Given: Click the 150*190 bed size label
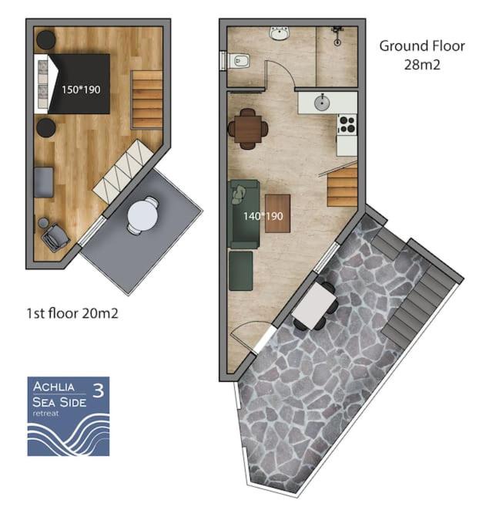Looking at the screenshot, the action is [x=81, y=90].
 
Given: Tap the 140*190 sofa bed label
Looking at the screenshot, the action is [x=263, y=216].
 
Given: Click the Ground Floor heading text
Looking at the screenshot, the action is [x=422, y=46].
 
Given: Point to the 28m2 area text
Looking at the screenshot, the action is [x=422, y=65].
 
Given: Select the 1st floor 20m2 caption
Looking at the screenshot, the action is [x=72, y=313].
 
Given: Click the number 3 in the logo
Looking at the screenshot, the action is [x=98, y=390].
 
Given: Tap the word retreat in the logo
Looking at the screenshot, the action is [x=45, y=413].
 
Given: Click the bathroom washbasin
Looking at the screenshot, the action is [x=279, y=34].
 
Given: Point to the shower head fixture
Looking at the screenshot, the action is [x=337, y=35].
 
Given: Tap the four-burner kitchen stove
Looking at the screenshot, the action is [x=347, y=124].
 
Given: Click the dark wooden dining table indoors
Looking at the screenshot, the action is [x=248, y=129].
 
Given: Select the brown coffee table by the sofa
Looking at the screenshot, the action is [x=278, y=214].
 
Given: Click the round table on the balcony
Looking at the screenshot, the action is [x=142, y=215].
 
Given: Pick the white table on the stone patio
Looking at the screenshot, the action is [x=314, y=306].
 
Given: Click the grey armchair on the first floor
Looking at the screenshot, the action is [x=55, y=237].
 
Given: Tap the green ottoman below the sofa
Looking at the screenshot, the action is [x=241, y=271].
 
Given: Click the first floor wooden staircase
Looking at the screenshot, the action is [x=146, y=99].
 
